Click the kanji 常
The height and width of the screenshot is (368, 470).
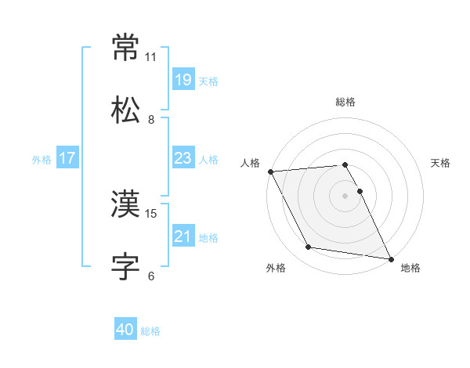pyautogui.click(x=125, y=49)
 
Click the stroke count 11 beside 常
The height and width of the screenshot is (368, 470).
pyautogui.click(x=151, y=57)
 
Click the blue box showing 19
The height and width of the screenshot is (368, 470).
pyautogui.click(x=183, y=80)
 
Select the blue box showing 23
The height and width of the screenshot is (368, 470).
pyautogui.click(x=183, y=158)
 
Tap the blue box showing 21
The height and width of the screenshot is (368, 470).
pyautogui.click(x=183, y=236)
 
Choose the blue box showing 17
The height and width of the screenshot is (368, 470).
pyautogui.click(x=67, y=158)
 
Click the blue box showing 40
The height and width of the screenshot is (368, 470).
pyautogui.click(x=125, y=330)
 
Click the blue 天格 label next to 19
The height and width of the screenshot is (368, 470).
pyautogui.click(x=208, y=81)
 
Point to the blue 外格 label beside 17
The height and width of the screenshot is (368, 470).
pyautogui.click(x=42, y=160)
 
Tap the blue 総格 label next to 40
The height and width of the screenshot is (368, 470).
pyautogui.click(x=150, y=332)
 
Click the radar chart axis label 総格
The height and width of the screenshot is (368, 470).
pyautogui.click(x=345, y=102)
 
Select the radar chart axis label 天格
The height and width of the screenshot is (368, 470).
pyautogui.click(x=441, y=163)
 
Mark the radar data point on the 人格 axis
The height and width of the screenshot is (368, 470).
pyautogui.click(x=270, y=171)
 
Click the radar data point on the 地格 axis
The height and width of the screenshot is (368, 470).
pyautogui.click(x=390, y=258)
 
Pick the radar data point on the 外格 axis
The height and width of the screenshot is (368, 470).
pyautogui.click(x=308, y=248)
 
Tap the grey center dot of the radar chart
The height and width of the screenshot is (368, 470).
pyautogui.click(x=345, y=196)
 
